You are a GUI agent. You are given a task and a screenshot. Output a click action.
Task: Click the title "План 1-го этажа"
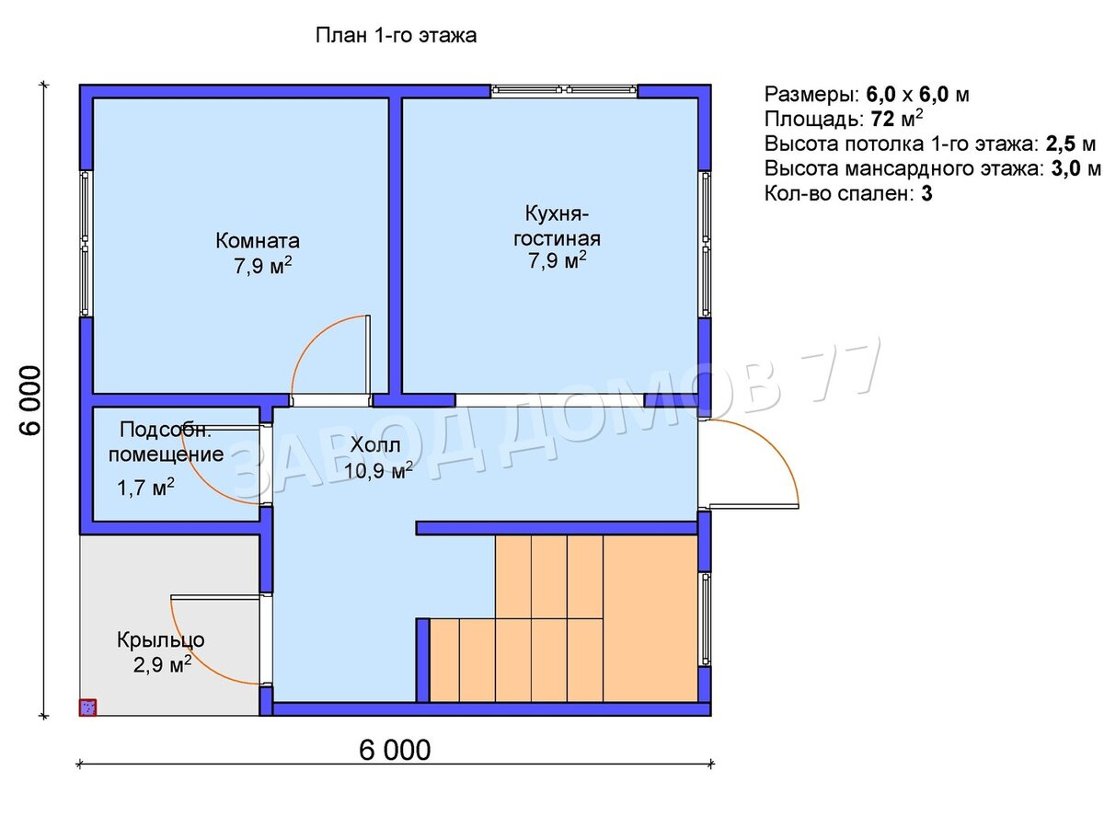click(396, 36)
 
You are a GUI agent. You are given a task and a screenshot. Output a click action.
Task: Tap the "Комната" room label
click(258, 241)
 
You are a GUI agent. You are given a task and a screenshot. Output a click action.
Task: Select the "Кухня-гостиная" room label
click(557, 225)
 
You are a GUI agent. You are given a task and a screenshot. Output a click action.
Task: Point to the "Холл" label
click(375, 445)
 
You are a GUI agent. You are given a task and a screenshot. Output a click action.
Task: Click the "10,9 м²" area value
click(378, 470)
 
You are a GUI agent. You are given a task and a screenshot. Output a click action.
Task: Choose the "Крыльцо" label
click(161, 641)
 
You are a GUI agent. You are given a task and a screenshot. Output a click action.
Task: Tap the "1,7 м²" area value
click(146, 488)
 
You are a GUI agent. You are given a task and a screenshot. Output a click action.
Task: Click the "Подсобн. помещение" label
click(166, 442)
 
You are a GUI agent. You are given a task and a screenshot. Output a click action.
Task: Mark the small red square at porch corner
click(87, 707)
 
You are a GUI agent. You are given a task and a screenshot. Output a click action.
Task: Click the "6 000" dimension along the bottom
click(395, 751)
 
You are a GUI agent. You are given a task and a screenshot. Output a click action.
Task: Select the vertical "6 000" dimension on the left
click(29, 399)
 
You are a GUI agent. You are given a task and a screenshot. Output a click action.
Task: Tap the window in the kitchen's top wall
click(564, 90)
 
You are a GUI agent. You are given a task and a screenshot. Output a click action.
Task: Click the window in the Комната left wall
click(86, 243)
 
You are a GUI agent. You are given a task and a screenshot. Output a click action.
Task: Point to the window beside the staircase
click(705, 620)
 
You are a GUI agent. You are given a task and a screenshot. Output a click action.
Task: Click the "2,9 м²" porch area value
click(162, 665)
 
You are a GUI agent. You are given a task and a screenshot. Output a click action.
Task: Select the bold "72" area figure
click(882, 120)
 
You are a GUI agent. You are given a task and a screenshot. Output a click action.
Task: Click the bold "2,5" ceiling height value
click(1060, 144)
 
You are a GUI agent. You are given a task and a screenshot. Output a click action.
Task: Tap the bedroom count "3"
click(926, 193)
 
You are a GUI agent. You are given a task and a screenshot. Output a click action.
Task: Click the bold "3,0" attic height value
click(1064, 169)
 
